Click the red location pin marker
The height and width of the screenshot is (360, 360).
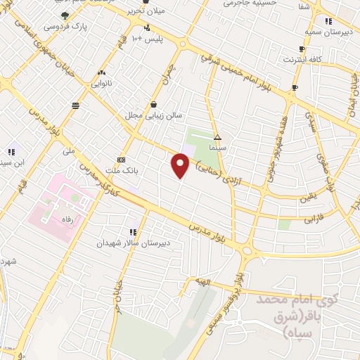coord(181,166)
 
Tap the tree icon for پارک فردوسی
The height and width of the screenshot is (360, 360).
coord(65,15)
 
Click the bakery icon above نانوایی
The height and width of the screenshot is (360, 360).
coord(103,72)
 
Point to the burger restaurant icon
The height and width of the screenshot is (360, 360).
coord(75,105)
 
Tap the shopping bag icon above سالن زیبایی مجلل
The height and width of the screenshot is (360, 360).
coord(153,103)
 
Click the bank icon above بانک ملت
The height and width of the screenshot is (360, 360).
coord(122,159)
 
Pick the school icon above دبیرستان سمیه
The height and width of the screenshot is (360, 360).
coord(309,20)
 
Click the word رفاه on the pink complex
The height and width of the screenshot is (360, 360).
coord(70,219)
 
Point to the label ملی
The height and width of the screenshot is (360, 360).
coord(68,150)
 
